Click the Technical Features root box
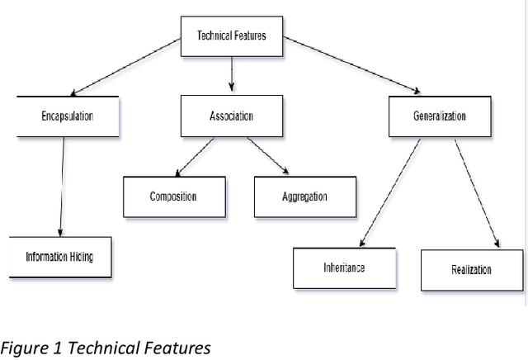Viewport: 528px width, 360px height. (231, 36)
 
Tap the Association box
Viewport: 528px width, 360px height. (231, 116)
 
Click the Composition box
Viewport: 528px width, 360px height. (173, 197)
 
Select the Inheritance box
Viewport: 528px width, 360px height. (343, 268)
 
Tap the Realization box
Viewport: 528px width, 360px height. (472, 270)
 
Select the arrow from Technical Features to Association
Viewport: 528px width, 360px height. (231, 75)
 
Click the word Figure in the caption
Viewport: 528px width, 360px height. (22, 348)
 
